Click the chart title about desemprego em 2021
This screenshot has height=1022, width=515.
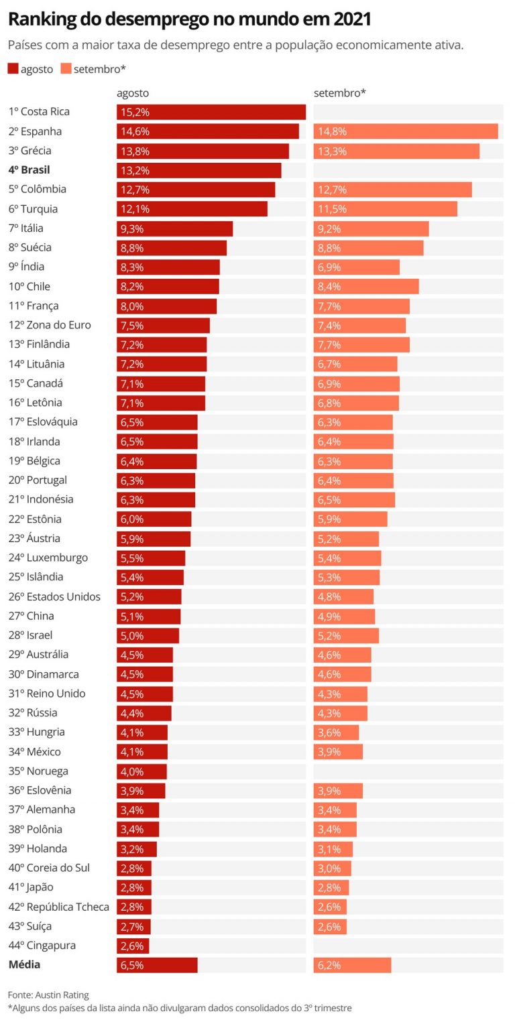[x=189, y=19]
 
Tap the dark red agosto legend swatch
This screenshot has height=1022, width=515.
[x=13, y=68]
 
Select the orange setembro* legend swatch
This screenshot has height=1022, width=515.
[x=66, y=68]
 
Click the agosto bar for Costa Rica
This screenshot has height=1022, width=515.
[x=211, y=112]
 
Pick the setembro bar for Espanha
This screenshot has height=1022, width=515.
[x=405, y=131]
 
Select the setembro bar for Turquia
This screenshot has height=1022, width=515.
[x=385, y=209]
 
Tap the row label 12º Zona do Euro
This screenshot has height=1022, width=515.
[x=50, y=325]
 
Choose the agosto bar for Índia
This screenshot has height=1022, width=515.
[x=168, y=267]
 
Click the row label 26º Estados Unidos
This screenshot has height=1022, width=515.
[x=54, y=596]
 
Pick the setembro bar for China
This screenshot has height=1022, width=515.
[x=344, y=616]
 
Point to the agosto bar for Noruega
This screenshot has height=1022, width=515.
[x=141, y=771]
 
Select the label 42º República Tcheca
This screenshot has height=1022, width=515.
[x=58, y=907]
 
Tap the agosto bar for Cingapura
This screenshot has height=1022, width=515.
[x=133, y=946]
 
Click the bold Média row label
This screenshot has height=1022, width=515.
[x=24, y=965]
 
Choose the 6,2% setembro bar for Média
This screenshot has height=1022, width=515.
[x=352, y=965]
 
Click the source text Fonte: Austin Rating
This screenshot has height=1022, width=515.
[x=48, y=995]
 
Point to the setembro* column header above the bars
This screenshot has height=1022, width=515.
[x=339, y=93]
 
